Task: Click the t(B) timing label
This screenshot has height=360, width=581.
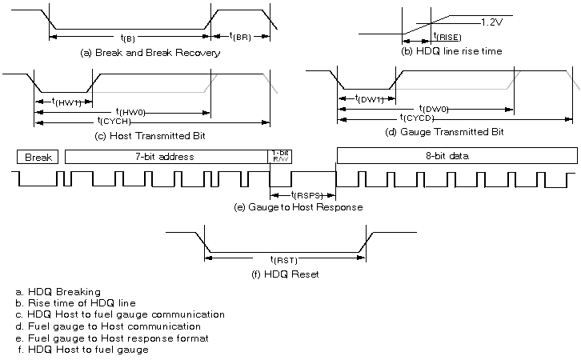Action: point(127,38)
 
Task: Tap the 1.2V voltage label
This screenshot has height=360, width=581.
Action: point(491,23)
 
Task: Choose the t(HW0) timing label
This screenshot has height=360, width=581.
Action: point(130,111)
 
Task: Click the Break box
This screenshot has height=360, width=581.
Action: point(38,157)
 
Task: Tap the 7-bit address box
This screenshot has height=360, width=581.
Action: point(166,157)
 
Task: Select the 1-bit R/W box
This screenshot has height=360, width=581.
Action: point(280,156)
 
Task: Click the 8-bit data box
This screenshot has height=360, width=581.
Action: point(456,156)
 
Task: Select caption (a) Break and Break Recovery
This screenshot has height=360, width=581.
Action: point(150,53)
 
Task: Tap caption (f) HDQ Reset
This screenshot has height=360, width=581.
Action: point(286,274)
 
